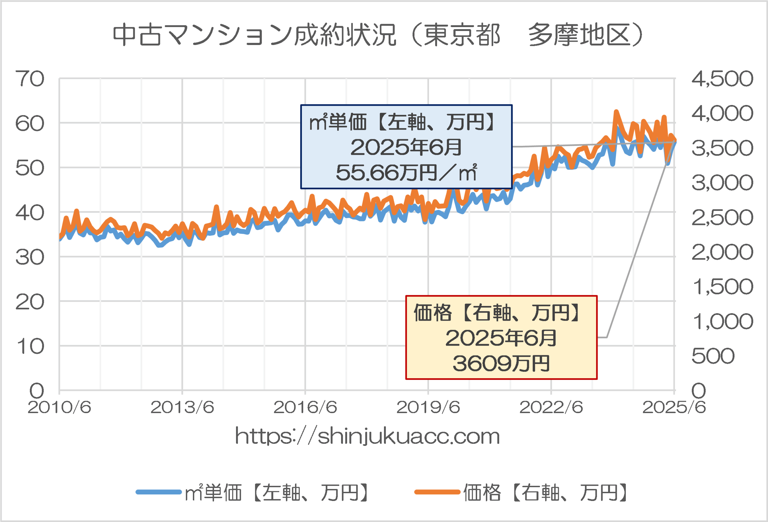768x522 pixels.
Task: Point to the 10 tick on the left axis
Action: coord(30,346)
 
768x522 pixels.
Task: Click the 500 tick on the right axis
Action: coord(713,356)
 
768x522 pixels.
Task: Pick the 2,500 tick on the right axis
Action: coord(722,217)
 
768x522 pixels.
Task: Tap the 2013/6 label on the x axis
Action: coord(182,407)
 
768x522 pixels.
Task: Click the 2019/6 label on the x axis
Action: coord(428,407)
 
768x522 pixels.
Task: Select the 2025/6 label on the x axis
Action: coord(674,407)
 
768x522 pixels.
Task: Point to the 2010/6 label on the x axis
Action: coord(59,407)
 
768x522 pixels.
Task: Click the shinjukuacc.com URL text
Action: coord(367,436)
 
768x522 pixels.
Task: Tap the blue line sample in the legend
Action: coord(159,492)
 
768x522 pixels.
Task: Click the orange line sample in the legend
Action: coord(437,492)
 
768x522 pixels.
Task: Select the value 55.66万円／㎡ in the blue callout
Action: coord(406,172)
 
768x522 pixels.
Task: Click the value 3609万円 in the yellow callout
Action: coord(501,363)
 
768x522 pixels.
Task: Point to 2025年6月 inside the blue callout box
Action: coord(406,147)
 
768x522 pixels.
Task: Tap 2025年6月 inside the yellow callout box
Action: coord(501,338)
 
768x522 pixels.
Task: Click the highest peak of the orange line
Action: coord(616,112)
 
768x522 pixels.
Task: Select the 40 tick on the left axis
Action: coord(30,213)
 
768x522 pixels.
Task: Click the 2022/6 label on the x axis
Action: coord(551,407)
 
